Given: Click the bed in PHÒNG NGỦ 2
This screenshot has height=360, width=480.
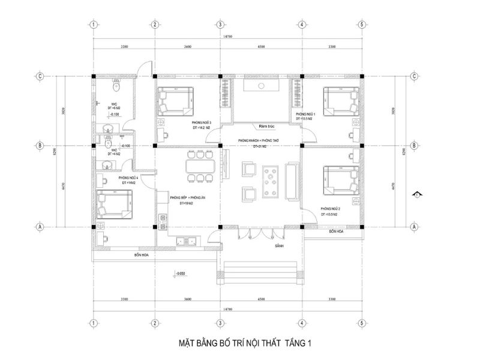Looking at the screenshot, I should point(340,181).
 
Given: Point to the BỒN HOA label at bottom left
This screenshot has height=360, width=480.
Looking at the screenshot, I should point(142,255).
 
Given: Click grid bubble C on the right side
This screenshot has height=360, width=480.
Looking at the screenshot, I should point(414,76).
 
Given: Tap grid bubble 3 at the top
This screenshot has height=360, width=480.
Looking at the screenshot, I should point(220,25).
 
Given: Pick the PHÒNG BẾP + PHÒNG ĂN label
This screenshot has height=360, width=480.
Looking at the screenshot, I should point(185,197).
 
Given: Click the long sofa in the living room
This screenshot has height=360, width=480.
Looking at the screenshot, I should point(293,180).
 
